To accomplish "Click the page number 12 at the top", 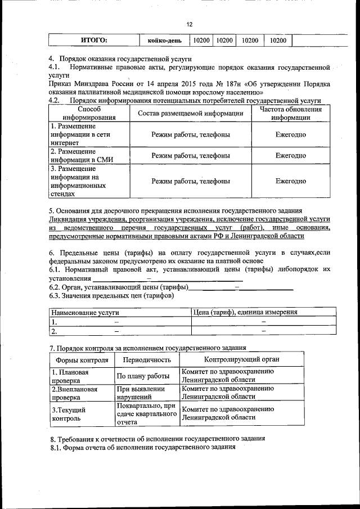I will coord(190,24).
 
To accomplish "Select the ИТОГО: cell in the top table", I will coord(94,40).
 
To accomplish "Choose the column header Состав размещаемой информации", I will coord(190,114).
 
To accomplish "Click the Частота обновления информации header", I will coord(290,114).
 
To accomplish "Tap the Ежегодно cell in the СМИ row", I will coord(290,155).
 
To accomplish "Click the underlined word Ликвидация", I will coord(71,218).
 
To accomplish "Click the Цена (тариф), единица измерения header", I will coord(245,312).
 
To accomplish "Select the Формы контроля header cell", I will coord(82,359).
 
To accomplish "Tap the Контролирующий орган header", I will coord(241,359).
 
